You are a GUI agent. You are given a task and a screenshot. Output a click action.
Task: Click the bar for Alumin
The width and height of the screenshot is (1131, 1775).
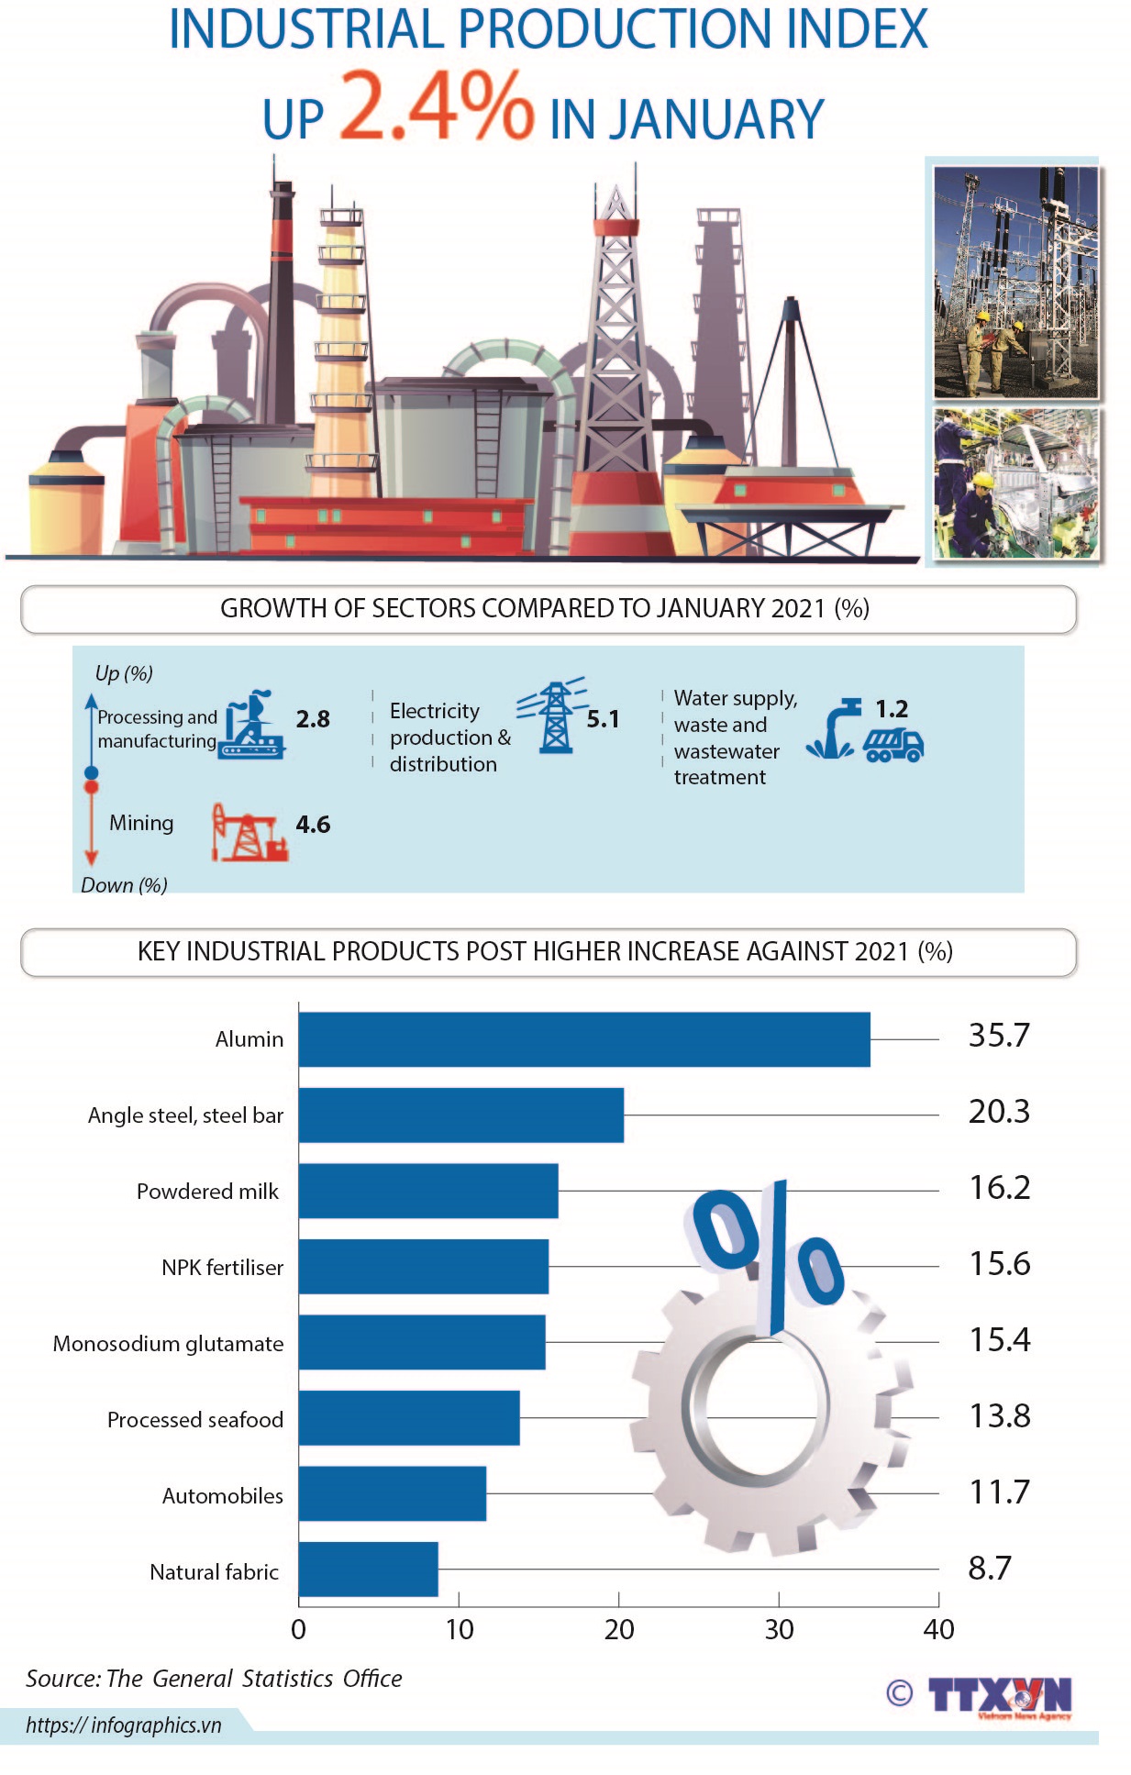583,1038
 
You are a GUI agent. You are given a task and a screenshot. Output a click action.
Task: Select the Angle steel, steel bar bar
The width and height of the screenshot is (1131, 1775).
460,1115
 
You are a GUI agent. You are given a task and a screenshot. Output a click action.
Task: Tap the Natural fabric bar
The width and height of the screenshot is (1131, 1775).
368,1569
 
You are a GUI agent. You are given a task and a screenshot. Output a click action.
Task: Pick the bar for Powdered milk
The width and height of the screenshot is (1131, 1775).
427,1191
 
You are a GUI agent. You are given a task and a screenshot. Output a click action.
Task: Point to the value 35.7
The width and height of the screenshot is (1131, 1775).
999,1036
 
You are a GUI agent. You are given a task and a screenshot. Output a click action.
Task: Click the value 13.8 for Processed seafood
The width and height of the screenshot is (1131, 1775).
999,1415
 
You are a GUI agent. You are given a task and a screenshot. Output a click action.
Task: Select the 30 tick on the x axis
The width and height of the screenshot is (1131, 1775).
779,1629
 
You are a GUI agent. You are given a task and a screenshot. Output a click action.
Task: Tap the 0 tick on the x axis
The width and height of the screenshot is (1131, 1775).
298,1629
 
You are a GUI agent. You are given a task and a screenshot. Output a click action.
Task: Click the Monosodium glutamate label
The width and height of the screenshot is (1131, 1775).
169,1344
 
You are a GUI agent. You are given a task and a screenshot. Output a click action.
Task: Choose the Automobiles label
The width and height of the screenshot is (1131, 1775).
223,1495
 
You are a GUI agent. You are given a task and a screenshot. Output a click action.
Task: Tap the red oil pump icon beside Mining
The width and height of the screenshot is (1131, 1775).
249,832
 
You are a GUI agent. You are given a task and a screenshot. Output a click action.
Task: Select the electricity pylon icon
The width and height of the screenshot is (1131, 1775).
553,717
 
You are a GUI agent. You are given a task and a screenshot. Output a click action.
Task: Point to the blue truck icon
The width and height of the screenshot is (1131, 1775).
893,745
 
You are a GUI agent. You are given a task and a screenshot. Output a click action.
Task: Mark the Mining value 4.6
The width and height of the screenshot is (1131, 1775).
313,824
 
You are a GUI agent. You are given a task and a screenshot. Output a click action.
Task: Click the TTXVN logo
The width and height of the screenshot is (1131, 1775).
998,1696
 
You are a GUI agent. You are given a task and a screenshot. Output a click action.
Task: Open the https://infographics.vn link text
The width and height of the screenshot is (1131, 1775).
124,1725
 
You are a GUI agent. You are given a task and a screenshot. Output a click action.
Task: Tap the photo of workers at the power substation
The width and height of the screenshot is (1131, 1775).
1015,281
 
